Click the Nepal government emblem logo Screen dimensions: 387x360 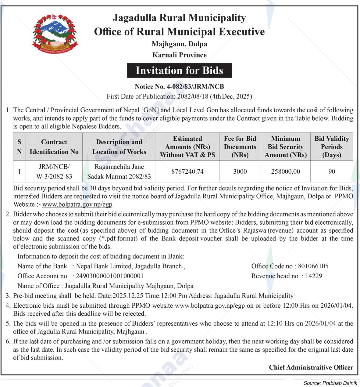(x=55, y=34)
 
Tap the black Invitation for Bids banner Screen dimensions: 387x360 (x=179, y=71)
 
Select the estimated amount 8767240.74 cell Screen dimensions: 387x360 (x=187, y=172)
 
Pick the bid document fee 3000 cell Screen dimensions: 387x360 (x=240, y=172)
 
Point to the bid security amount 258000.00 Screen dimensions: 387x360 (x=286, y=172)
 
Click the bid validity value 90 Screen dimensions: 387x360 (x=332, y=172)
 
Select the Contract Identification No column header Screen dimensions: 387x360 (x=54, y=147)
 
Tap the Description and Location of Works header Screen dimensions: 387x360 (x=119, y=147)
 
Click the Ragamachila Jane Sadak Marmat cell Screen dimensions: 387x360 (x=119, y=172)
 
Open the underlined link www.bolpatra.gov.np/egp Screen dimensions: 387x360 (x=77, y=204)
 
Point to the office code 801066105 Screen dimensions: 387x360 (x=313, y=266)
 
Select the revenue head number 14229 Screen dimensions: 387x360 (x=314, y=276)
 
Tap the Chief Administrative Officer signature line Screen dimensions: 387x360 (x=311, y=367)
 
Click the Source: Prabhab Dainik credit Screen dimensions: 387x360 (x=330, y=383)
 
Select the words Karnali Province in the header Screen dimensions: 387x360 (x=180, y=55)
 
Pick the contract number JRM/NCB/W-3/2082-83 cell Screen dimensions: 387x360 (x=54, y=172)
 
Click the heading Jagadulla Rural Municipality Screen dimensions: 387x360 (x=179, y=18)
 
